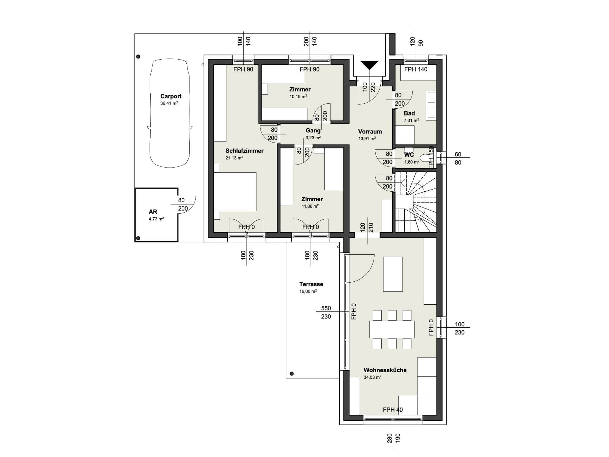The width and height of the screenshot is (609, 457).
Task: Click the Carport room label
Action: click(171, 96)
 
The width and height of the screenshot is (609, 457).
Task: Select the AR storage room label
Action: click(153, 212)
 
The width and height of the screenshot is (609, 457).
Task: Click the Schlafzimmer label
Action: click(245, 151)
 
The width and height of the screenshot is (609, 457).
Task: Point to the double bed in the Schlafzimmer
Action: click(235, 192)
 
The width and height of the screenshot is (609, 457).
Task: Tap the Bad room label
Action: click(409, 113)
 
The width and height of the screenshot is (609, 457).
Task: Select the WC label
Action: click(409, 155)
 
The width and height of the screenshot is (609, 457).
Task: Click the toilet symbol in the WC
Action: click(424, 158)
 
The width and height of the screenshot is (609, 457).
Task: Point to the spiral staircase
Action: click(416, 202)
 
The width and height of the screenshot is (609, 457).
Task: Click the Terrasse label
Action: click(311, 284)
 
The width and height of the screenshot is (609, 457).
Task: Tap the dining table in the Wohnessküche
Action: click(392, 329)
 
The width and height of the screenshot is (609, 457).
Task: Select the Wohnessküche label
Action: click(385, 370)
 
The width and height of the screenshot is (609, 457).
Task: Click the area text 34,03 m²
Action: click(373, 377)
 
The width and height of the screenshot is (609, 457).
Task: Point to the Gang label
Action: click(313, 130)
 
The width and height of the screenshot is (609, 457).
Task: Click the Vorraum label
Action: click(370, 132)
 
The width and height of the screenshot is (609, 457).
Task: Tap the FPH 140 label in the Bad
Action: click(416, 69)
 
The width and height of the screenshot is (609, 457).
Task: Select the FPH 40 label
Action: click(393, 410)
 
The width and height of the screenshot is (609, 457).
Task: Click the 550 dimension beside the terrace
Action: click(326, 308)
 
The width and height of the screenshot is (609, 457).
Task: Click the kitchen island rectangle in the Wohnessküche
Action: click(393, 274)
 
